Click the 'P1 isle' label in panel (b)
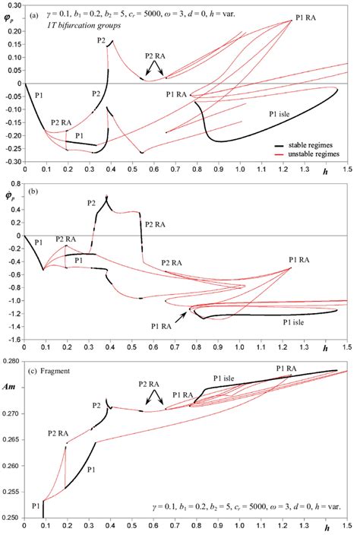(295, 322)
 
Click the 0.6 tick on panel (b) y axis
(16, 195)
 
